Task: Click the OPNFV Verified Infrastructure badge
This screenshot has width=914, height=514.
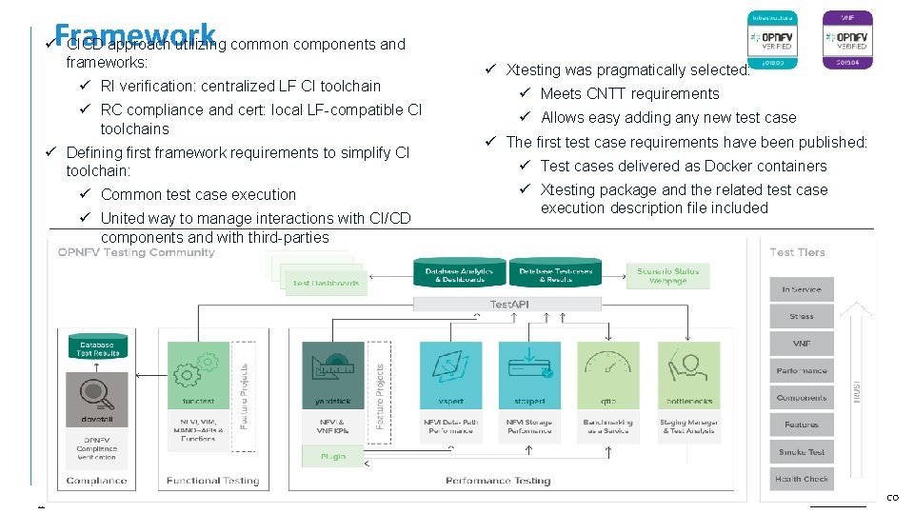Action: [772, 39]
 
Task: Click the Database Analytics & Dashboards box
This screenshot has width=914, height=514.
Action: [459, 276]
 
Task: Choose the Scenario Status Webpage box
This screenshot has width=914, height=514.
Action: [667, 276]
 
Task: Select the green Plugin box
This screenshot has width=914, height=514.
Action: [332, 456]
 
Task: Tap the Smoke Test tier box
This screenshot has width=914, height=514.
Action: [801, 452]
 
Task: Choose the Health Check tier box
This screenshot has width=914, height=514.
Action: [801, 480]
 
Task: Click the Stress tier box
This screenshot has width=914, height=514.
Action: [801, 316]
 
